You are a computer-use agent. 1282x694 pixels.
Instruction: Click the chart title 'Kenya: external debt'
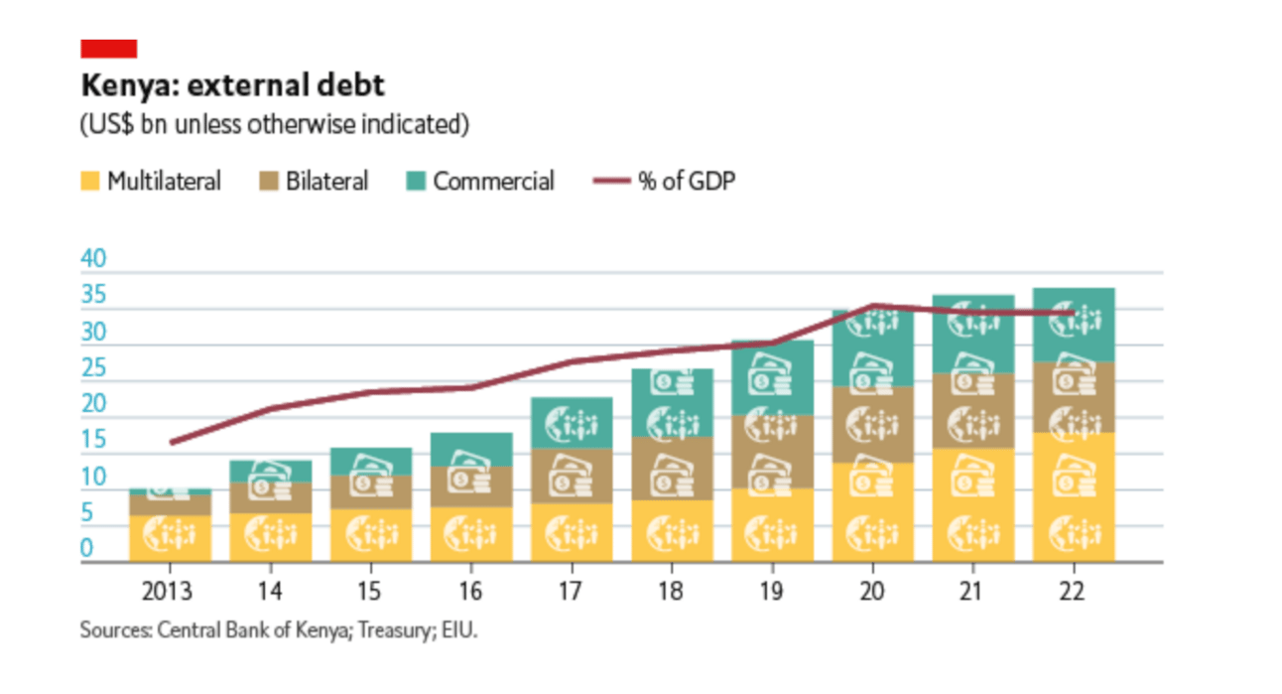click(232, 86)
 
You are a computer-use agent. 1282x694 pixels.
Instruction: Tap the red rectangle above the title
click(108, 49)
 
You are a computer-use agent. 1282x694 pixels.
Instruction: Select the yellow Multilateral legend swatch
click(90, 182)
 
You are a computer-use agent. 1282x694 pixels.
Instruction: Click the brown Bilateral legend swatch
click(267, 182)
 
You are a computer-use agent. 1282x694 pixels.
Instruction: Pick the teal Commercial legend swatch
click(416, 182)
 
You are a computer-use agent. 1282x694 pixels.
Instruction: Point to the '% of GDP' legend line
click(610, 182)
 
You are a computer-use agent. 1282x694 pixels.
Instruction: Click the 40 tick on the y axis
click(92, 260)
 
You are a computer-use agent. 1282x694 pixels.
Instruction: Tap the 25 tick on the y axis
click(92, 369)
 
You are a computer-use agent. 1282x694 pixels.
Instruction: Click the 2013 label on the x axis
click(170, 593)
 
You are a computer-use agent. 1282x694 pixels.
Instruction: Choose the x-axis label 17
click(571, 593)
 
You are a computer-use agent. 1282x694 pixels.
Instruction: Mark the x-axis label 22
click(1073, 593)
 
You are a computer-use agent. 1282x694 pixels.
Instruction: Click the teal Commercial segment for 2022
click(1073, 325)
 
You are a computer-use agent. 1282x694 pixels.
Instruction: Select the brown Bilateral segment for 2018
click(672, 468)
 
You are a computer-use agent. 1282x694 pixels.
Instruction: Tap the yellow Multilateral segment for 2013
click(170, 538)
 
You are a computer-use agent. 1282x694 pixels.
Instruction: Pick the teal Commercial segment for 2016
click(471, 449)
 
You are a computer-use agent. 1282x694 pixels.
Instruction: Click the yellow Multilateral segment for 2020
click(872, 511)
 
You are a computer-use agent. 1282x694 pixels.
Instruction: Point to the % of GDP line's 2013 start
click(170, 442)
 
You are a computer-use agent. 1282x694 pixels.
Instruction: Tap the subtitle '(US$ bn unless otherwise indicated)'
click(274, 125)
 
